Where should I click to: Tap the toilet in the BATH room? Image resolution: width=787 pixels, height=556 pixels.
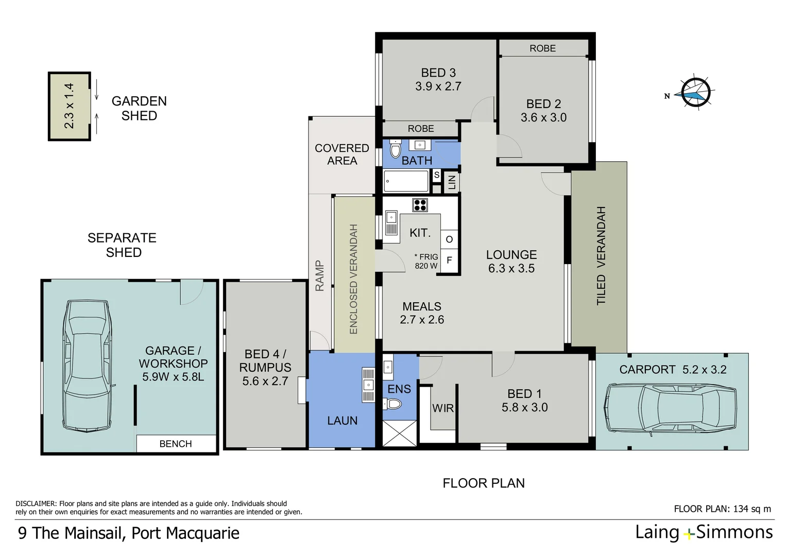pos(395,150)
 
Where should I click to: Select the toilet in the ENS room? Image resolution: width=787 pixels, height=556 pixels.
pos(394,404)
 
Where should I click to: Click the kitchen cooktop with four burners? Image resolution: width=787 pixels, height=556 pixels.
pos(420,205)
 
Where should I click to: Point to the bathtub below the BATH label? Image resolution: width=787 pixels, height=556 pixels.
pos(406,181)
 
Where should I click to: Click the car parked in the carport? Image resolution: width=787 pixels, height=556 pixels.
pos(671,408)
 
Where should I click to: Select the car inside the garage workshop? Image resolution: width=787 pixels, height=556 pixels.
pos(88,366)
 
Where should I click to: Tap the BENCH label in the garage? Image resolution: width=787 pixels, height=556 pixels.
pos(176,444)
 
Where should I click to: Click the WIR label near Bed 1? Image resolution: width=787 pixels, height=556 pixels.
pos(443,408)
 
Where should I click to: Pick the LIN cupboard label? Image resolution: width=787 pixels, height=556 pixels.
pos(452,182)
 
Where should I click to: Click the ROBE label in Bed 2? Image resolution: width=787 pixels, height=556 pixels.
pos(542,48)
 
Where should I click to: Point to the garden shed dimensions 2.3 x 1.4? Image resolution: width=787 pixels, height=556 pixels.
pos(69,106)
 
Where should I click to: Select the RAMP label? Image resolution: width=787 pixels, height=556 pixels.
pos(319,276)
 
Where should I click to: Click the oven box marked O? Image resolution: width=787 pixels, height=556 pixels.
pos(449,239)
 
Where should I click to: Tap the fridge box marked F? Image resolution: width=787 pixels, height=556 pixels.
pos(449,260)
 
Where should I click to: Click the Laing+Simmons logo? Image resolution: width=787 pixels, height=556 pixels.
pos(704,532)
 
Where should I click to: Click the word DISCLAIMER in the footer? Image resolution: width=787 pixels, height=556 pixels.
pos(36,503)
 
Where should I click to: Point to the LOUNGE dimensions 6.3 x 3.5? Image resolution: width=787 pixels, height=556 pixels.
pos(511,268)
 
